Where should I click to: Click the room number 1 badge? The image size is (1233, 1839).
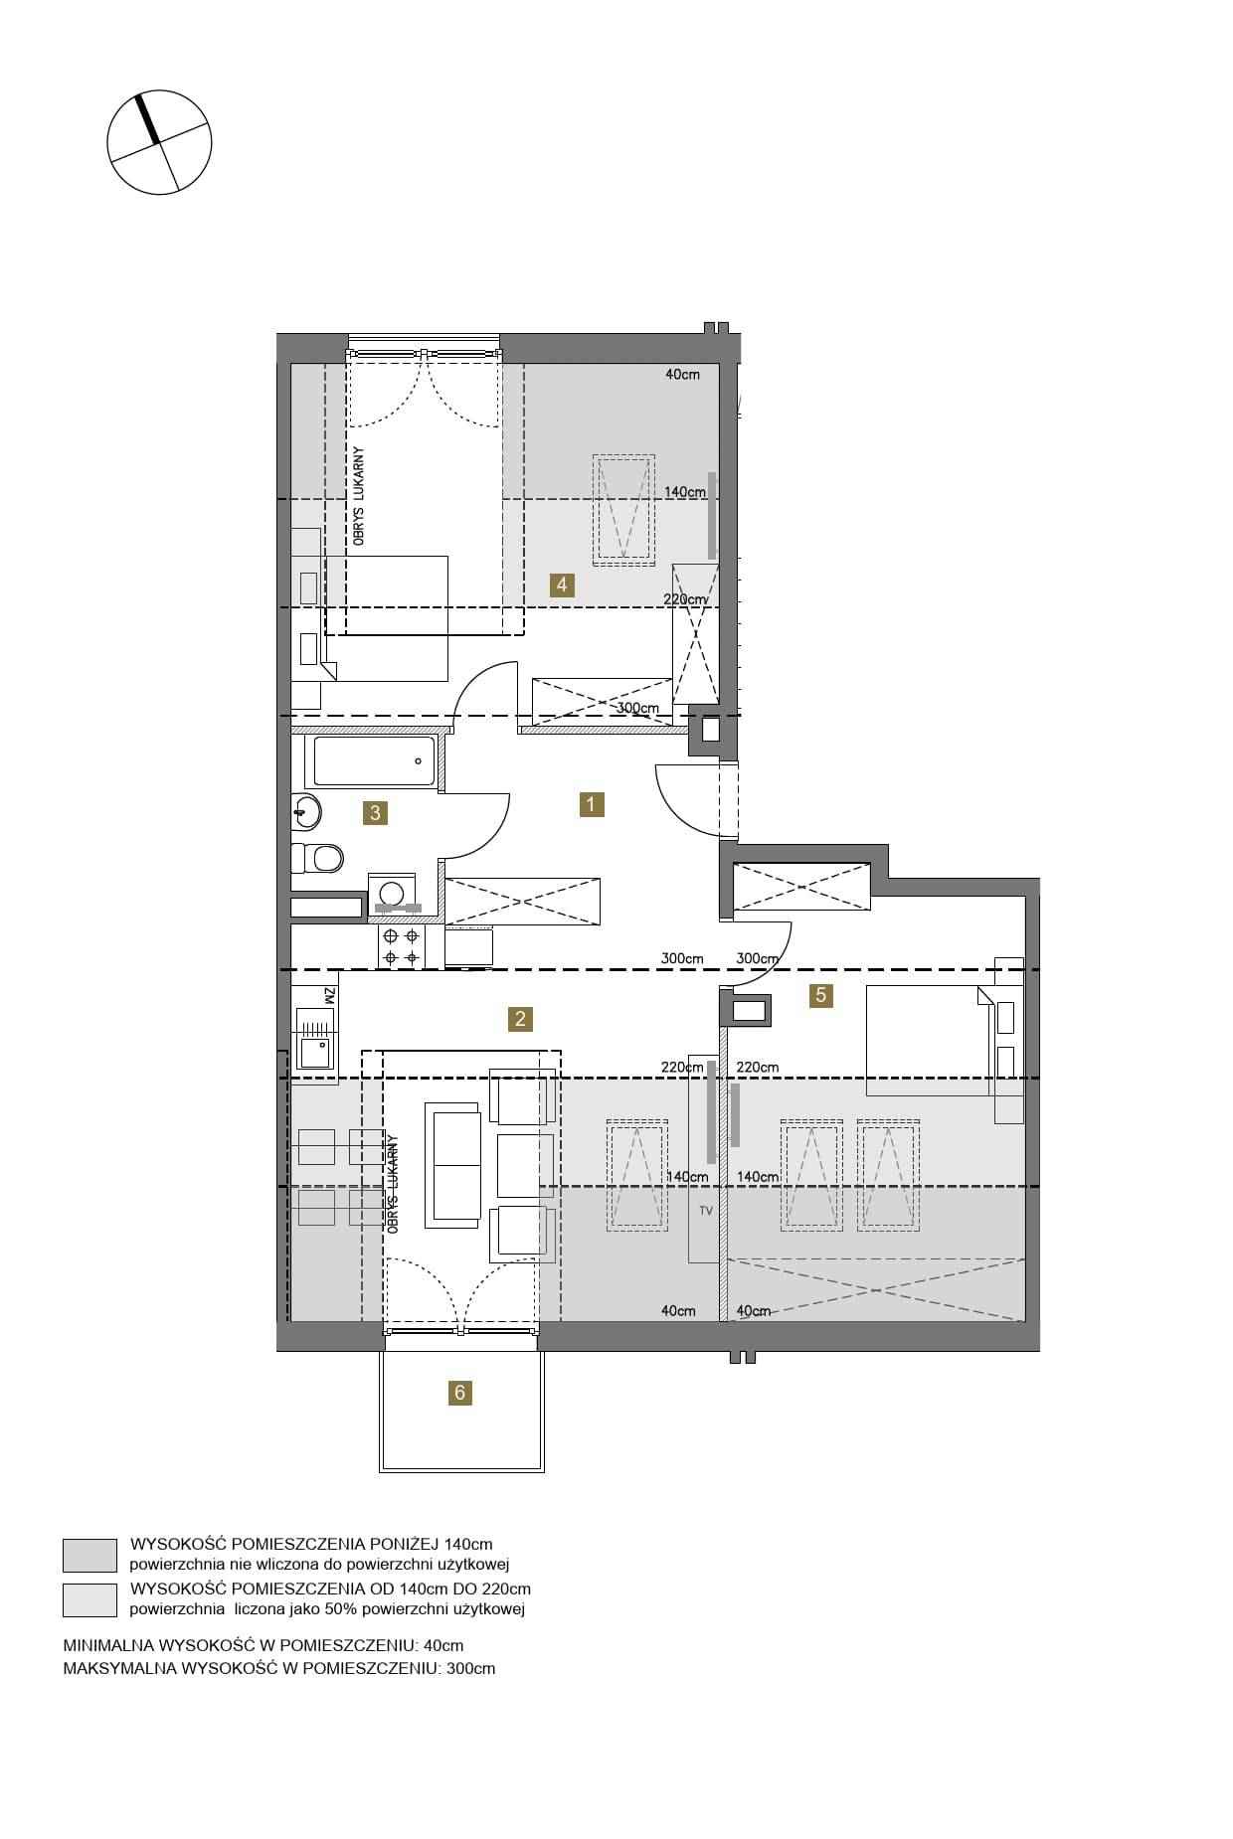(591, 803)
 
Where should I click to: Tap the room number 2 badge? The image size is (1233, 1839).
(519, 1018)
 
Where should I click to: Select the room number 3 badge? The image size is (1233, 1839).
(375, 812)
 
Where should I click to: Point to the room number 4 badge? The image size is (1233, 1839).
(562, 585)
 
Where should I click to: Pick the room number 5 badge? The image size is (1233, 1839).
(820, 994)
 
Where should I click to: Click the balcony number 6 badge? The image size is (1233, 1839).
(459, 1393)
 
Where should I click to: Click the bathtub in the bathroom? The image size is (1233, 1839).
(376, 761)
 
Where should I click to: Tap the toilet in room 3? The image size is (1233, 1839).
(317, 857)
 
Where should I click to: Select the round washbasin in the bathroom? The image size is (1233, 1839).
(306, 812)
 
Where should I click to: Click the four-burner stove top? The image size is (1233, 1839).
(401, 946)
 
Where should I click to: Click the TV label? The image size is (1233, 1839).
(706, 1211)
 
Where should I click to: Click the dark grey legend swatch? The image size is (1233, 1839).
(89, 1555)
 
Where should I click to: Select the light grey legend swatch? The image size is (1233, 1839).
(89, 1599)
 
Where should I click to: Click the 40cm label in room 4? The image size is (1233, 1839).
(682, 375)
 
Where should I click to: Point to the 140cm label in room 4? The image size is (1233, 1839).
(685, 491)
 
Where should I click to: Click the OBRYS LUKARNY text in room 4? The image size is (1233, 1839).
(359, 496)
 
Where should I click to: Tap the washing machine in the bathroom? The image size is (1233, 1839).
(393, 894)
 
